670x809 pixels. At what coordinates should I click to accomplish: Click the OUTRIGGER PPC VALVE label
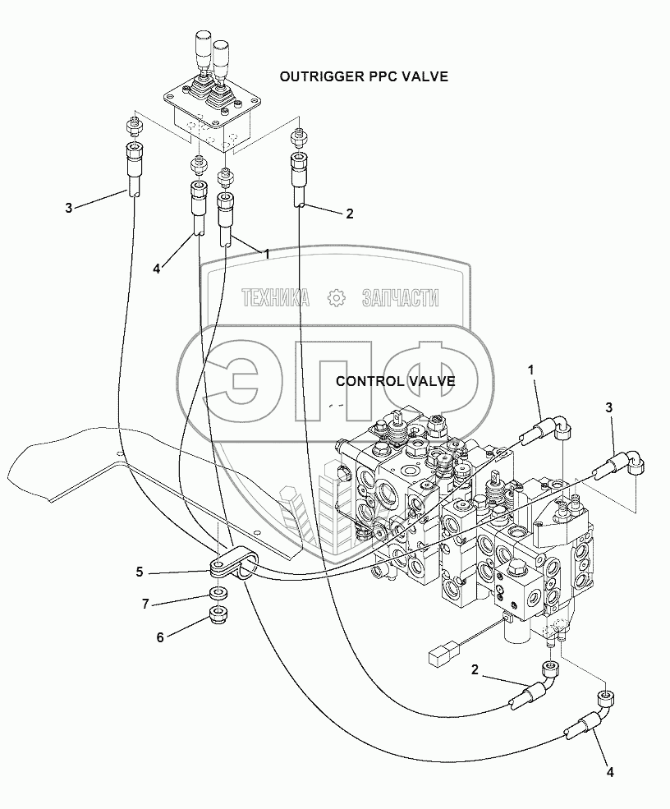[x=364, y=77]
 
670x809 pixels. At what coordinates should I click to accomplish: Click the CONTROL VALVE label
[x=396, y=381]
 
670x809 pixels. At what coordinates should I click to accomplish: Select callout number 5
[x=141, y=571]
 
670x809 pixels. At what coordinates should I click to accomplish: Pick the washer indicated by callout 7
[x=219, y=593]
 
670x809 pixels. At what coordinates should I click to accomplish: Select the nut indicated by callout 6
[x=219, y=614]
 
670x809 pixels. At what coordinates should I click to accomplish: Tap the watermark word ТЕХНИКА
[x=274, y=298]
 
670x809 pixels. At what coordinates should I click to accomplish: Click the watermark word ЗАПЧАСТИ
[x=400, y=298]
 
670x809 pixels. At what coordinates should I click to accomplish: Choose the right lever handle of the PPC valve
[x=221, y=60]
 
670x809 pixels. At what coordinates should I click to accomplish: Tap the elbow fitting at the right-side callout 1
[x=562, y=426]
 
